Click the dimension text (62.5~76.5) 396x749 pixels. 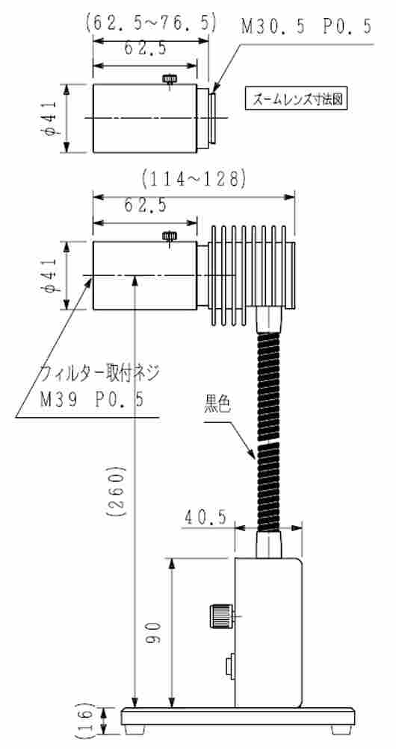point(151,22)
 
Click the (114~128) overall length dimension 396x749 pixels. point(193,178)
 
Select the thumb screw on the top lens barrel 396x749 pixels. point(170,78)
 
